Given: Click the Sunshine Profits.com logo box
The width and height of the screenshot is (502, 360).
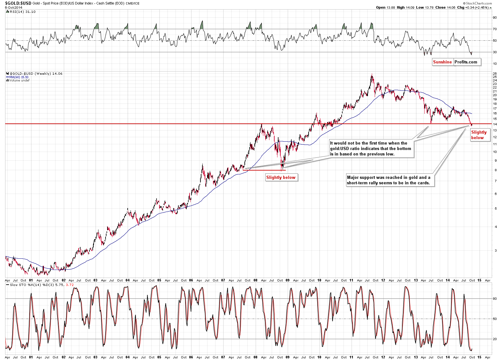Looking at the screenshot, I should pyautogui.click(x=456, y=62).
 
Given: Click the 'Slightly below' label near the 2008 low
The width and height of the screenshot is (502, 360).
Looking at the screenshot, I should pyautogui.click(x=281, y=178).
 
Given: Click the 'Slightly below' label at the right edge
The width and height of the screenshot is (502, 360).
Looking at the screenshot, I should pyautogui.click(x=479, y=135).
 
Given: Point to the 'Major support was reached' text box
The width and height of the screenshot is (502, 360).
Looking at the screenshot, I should pyautogui.click(x=389, y=180).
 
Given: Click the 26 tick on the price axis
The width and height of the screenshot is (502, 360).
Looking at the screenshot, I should pyautogui.click(x=495, y=73).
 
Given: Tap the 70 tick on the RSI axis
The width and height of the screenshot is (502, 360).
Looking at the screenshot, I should pyautogui.click(x=495, y=29).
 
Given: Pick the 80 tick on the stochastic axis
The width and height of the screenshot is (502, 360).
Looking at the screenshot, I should pyautogui.click(x=495, y=299).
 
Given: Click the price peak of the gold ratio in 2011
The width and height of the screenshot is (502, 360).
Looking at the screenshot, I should pyautogui.click(x=372, y=75).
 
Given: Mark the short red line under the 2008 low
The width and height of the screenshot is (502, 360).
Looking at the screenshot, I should pyautogui.click(x=264, y=170).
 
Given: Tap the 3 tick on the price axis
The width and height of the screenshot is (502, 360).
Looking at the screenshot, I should pyautogui.click(x=496, y=251).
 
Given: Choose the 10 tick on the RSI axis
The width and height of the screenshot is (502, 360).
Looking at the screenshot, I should pyautogui.click(x=495, y=64).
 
